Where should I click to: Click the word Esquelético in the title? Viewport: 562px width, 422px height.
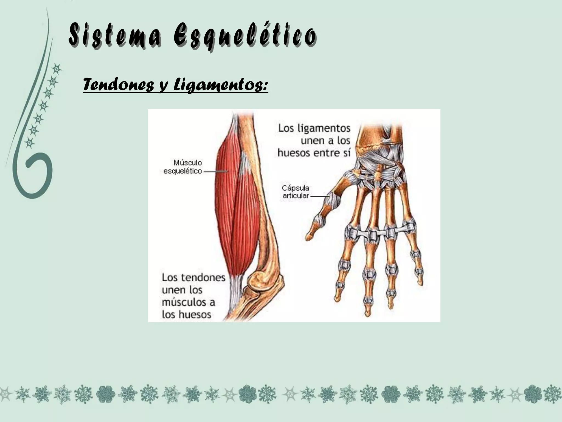[x=245, y=37]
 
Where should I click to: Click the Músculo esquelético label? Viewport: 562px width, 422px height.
[x=183, y=167]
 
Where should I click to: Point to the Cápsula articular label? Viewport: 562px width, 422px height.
[x=296, y=192]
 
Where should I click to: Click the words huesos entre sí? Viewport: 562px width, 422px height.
[x=314, y=153]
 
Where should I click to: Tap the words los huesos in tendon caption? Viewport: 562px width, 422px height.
[x=186, y=314]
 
